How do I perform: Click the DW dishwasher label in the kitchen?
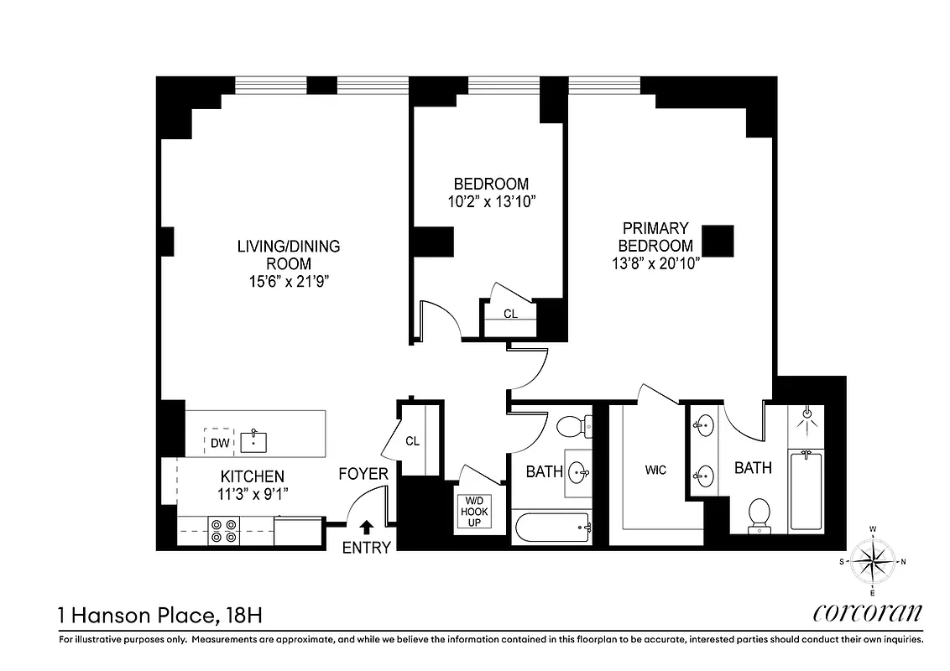[219, 442]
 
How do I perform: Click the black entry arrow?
[366, 528]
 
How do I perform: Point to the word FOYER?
[363, 474]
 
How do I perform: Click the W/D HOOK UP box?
[474, 511]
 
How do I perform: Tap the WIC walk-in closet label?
[655, 470]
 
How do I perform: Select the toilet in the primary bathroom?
[759, 514]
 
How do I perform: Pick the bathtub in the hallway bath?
[552, 528]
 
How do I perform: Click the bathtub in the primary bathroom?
[806, 490]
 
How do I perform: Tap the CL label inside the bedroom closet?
[510, 314]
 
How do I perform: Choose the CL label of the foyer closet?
[412, 440]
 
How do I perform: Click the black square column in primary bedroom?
[718, 241]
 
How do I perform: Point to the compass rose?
[873, 560]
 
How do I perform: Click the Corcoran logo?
[868, 613]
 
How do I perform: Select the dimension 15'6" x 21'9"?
[288, 281]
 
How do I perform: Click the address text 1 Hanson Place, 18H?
[160, 616]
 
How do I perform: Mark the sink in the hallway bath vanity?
[578, 472]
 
